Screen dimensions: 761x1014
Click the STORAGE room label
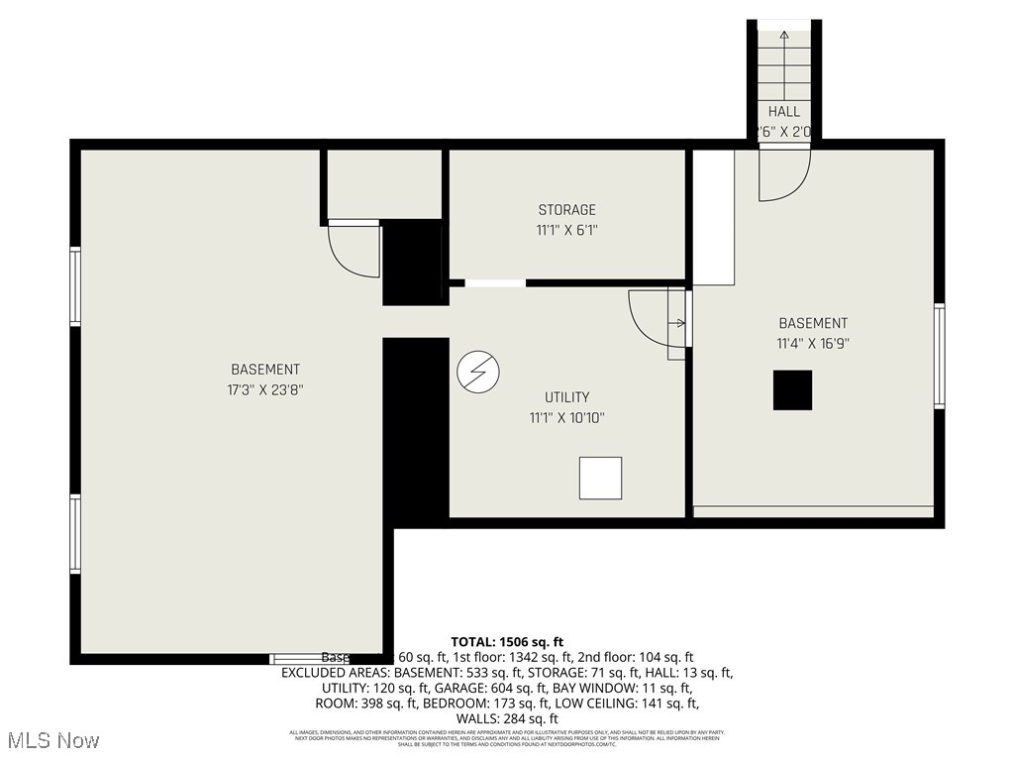click(x=566, y=210)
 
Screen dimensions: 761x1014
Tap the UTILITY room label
click(x=566, y=397)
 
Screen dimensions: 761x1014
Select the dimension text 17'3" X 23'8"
click(x=264, y=389)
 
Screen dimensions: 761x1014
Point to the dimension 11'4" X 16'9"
click(x=812, y=344)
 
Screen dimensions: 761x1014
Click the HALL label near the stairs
click(x=783, y=112)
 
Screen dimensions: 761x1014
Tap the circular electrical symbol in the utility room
click(x=477, y=372)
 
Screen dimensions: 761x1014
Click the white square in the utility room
click(x=600, y=478)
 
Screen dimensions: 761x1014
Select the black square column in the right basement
click(x=792, y=389)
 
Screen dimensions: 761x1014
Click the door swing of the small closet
click(x=355, y=251)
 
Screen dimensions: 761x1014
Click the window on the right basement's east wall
click(x=939, y=356)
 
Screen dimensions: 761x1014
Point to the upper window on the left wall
click(x=75, y=285)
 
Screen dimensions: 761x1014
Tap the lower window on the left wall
click(x=75, y=533)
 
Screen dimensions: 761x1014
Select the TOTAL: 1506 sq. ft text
click(x=507, y=642)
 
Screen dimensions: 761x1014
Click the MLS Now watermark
click(x=51, y=740)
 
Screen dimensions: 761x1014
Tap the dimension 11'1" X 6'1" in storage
click(x=566, y=230)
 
